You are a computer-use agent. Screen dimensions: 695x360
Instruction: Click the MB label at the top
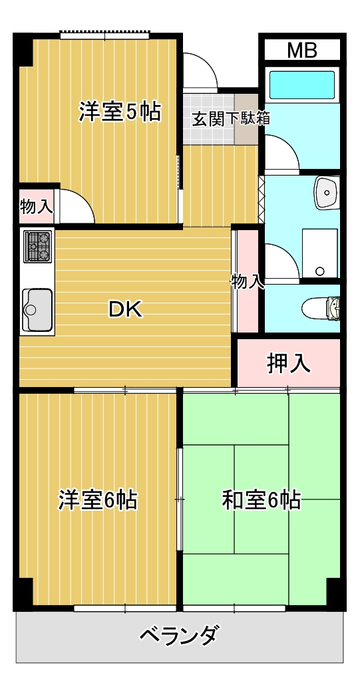click(301, 49)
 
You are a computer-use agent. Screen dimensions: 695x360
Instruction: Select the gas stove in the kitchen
click(37, 246)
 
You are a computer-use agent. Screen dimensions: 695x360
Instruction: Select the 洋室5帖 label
click(120, 112)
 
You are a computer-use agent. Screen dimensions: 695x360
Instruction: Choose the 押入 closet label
click(288, 363)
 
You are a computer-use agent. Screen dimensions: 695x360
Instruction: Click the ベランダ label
click(178, 636)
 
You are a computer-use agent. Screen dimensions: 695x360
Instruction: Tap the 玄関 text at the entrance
click(206, 119)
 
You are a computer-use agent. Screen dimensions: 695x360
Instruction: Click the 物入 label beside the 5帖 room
click(36, 206)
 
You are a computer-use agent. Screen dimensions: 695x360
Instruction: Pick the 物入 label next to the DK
click(247, 281)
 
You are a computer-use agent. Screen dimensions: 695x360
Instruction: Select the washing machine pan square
click(320, 253)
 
